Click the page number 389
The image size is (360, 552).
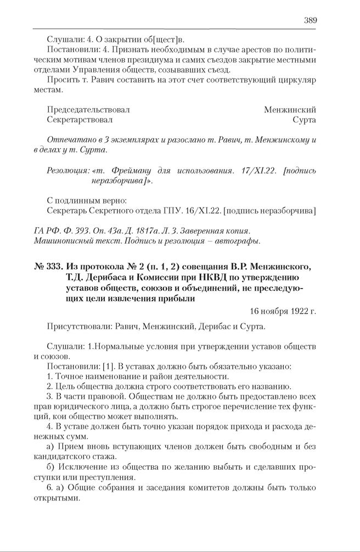click(x=310, y=20)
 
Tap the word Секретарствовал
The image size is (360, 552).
click(x=80, y=119)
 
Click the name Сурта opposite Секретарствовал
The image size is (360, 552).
click(x=305, y=119)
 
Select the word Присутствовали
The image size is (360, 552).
click(x=80, y=326)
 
